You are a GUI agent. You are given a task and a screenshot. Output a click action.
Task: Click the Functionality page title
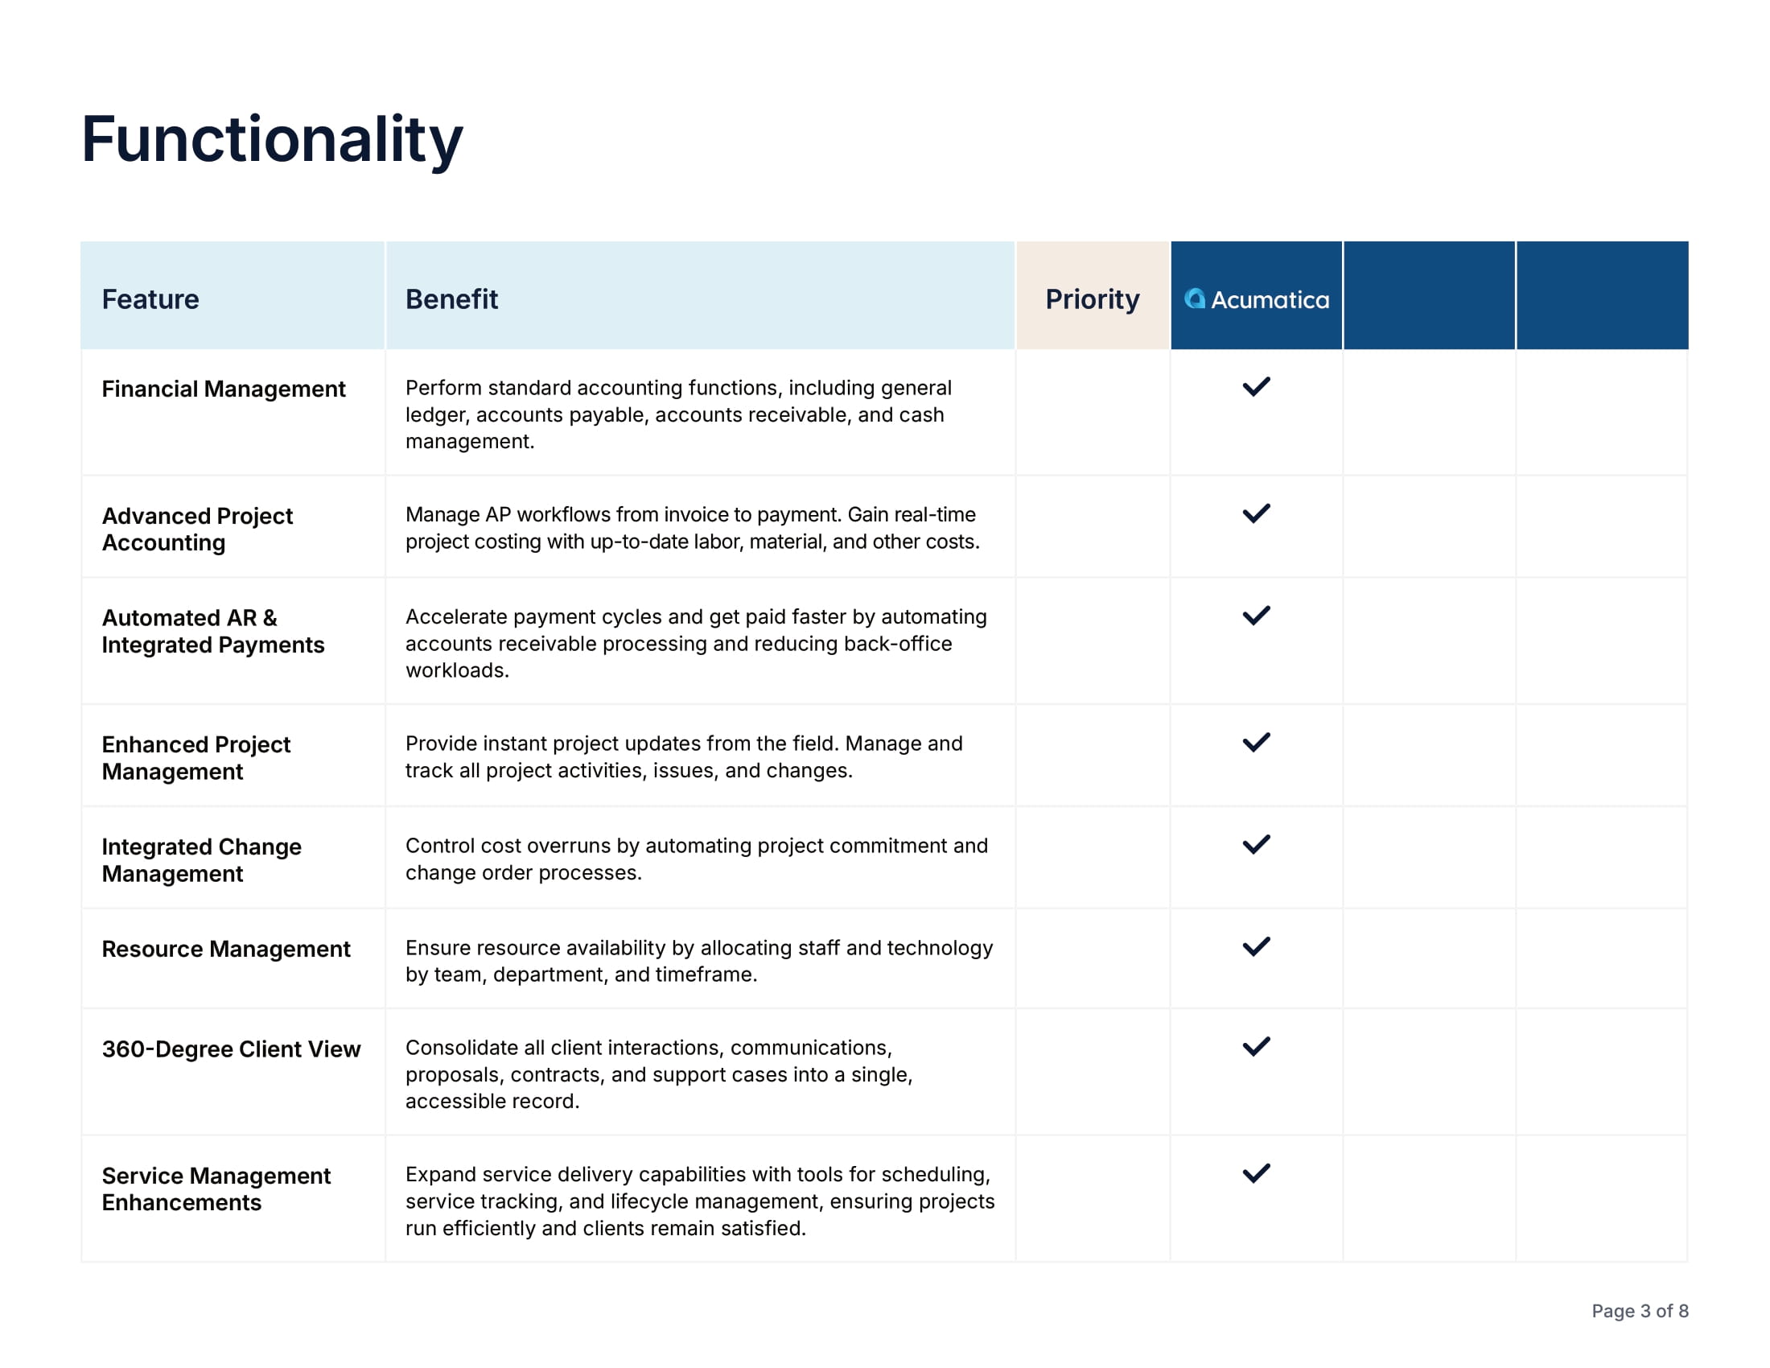(x=271, y=139)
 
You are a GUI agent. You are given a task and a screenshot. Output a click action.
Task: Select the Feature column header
(x=150, y=299)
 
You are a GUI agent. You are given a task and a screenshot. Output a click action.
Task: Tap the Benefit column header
(x=451, y=299)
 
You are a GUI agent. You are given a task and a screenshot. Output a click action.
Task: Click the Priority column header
(x=1092, y=299)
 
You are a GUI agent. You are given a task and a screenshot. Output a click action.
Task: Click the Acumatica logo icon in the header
(x=1195, y=299)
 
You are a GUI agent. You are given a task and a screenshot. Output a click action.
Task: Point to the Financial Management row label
(x=223, y=389)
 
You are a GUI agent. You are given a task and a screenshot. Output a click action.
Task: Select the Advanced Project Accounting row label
(x=197, y=529)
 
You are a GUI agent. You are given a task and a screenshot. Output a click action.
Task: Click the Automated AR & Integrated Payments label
(x=212, y=632)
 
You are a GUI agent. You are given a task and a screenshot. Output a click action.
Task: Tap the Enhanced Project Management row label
(x=196, y=758)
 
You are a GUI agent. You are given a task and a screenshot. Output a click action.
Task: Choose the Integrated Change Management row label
(x=201, y=860)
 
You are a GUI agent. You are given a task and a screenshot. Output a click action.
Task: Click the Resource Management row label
(x=225, y=949)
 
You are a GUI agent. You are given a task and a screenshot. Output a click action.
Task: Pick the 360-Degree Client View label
(x=230, y=1049)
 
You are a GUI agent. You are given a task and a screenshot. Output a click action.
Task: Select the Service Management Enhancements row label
(x=216, y=1189)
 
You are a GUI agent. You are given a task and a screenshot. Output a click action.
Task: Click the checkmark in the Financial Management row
(x=1256, y=387)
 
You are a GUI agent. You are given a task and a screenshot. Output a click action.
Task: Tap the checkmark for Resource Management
(x=1256, y=947)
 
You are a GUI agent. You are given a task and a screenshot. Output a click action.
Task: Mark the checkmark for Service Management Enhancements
(x=1256, y=1173)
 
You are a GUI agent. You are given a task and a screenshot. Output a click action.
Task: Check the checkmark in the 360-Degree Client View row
(x=1256, y=1047)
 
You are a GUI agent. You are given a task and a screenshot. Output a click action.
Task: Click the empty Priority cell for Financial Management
(x=1093, y=413)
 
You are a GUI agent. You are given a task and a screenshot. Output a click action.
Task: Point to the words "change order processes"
(x=523, y=873)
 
